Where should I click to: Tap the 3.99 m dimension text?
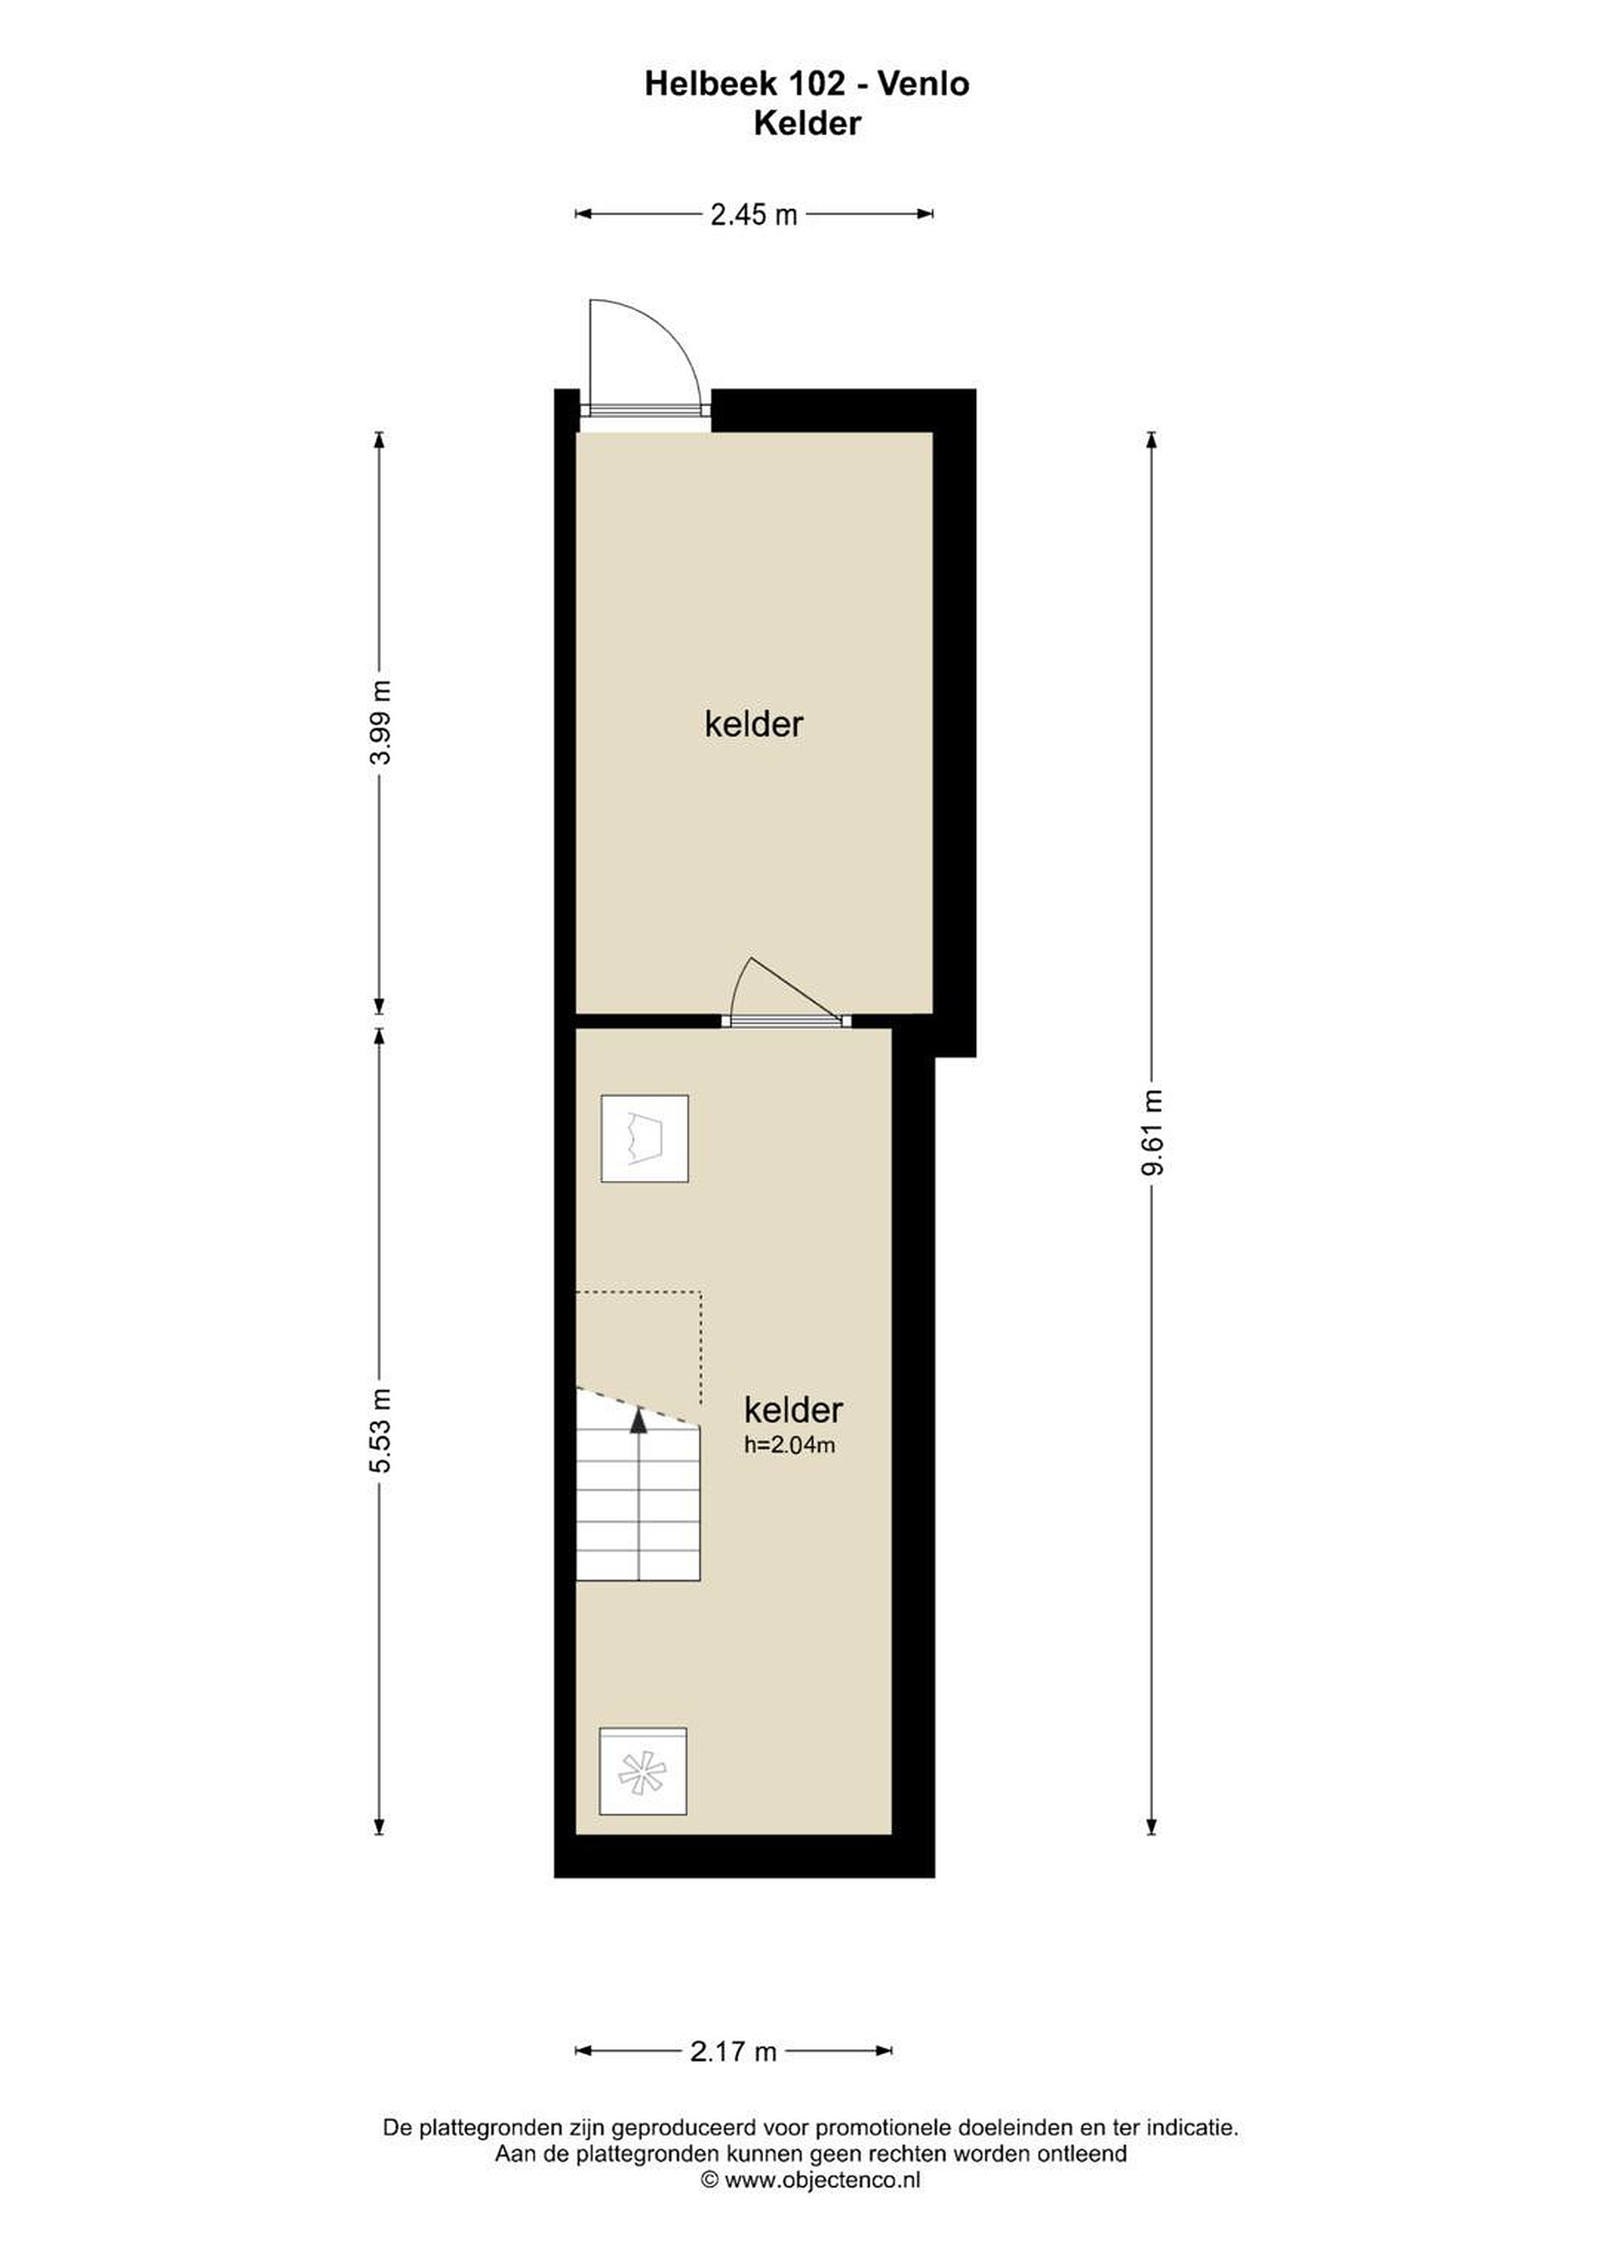[x=380, y=721]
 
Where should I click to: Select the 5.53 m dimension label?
[x=380, y=1430]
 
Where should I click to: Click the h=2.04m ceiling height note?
[x=790, y=1445]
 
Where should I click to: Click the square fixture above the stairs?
[x=644, y=1139]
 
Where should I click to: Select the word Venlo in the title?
[x=923, y=84]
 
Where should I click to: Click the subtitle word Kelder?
[x=807, y=123]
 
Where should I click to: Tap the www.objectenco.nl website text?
[x=822, y=2180]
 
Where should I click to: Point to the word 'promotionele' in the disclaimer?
[x=886, y=2128]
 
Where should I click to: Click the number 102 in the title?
[x=814, y=84]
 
